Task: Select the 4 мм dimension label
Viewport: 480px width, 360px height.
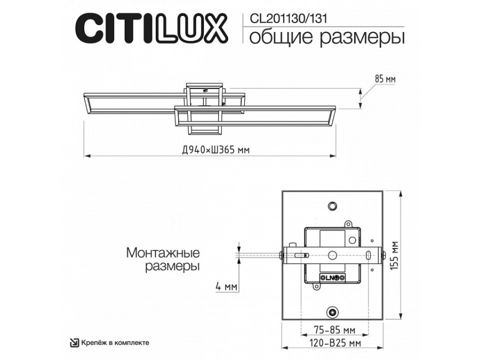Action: click(x=226, y=287)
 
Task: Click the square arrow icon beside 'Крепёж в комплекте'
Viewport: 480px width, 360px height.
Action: click(x=75, y=343)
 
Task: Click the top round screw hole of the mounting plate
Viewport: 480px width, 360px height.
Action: click(x=333, y=205)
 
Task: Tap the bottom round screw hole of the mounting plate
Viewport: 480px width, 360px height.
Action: click(x=333, y=311)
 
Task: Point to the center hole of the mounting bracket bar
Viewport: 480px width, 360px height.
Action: click(x=333, y=255)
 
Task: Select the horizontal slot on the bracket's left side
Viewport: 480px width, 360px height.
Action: click(x=304, y=254)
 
